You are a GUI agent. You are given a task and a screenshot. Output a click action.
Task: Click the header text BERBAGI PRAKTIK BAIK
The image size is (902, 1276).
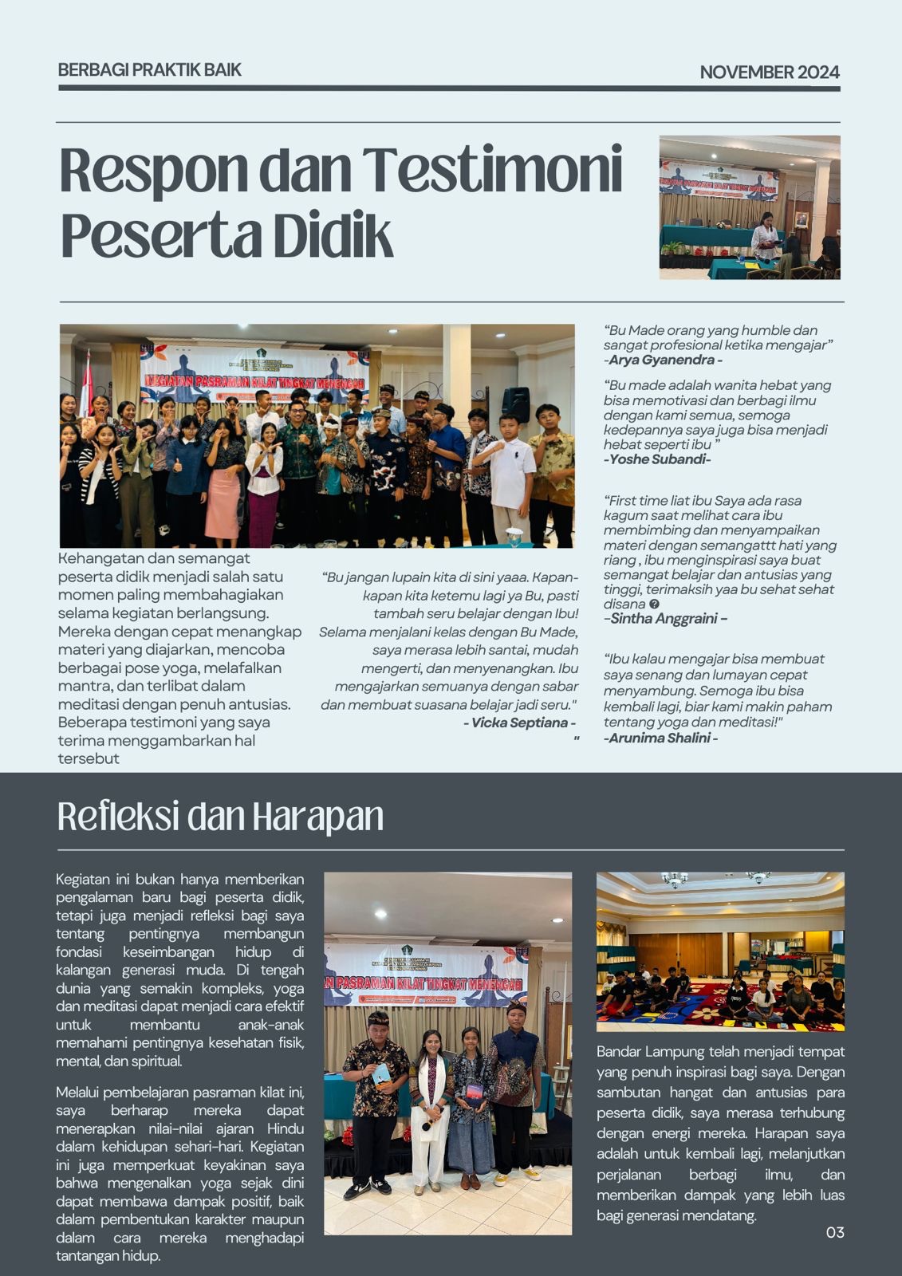click(x=149, y=69)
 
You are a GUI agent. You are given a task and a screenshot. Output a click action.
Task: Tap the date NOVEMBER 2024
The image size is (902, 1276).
click(x=769, y=73)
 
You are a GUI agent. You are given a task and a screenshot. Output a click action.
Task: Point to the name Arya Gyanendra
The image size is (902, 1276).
click(x=665, y=360)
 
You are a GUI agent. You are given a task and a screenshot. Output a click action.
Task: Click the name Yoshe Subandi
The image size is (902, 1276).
click(x=659, y=459)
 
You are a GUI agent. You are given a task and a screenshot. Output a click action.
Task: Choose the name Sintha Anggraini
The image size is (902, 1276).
click(x=668, y=618)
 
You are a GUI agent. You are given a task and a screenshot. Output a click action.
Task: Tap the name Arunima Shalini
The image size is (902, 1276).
click(x=660, y=738)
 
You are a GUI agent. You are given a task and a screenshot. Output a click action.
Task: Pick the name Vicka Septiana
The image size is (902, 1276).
click(x=519, y=723)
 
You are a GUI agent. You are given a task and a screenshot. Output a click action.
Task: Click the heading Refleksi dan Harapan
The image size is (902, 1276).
click(x=220, y=817)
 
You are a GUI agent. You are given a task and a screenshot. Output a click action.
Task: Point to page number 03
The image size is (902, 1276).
click(x=834, y=1232)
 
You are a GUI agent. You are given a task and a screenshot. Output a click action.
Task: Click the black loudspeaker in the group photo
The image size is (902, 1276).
click(x=515, y=404)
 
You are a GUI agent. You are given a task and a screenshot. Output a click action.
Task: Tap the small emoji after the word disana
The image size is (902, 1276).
click(x=654, y=604)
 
